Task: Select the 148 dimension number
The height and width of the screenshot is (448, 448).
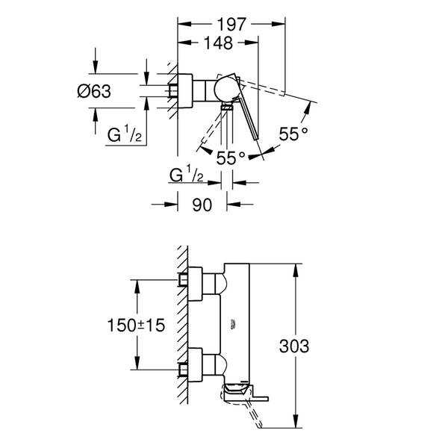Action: (x=217, y=44)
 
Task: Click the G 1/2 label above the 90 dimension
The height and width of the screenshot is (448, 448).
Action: (x=187, y=177)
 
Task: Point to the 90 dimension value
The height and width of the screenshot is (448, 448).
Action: (x=202, y=204)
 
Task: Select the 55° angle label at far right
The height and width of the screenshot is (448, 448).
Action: (x=293, y=134)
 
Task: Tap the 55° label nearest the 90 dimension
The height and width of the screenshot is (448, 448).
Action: (x=231, y=158)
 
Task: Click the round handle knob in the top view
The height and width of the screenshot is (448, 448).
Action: (x=223, y=88)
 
